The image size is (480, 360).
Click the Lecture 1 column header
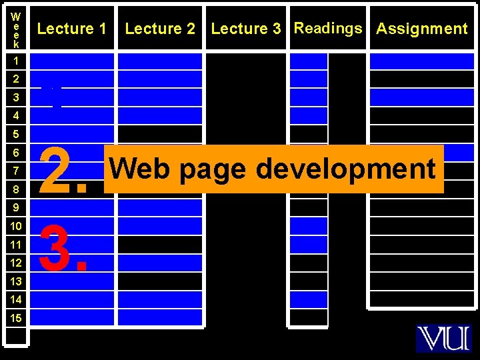[71, 29]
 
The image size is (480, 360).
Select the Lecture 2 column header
[160, 29]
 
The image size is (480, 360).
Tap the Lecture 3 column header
[246, 29]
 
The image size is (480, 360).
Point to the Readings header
[328, 28]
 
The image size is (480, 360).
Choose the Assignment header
[422, 29]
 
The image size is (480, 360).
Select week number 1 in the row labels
[16, 61]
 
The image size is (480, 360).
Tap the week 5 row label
[16, 134]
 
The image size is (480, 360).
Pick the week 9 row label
[16, 207]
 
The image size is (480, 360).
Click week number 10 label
[16, 226]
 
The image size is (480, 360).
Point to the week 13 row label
[16, 281]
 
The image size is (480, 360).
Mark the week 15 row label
[16, 318]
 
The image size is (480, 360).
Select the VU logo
[443, 338]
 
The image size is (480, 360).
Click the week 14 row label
[16, 299]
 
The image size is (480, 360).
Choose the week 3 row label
[16, 97]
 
